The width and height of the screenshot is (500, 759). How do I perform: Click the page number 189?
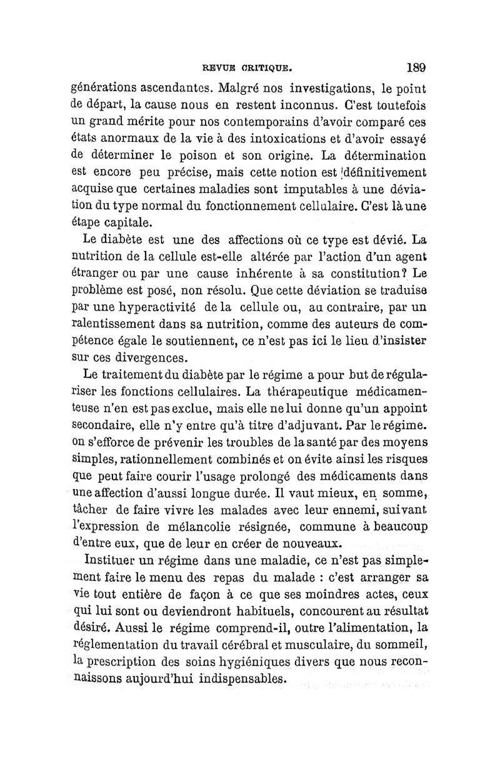pyautogui.click(x=415, y=67)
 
